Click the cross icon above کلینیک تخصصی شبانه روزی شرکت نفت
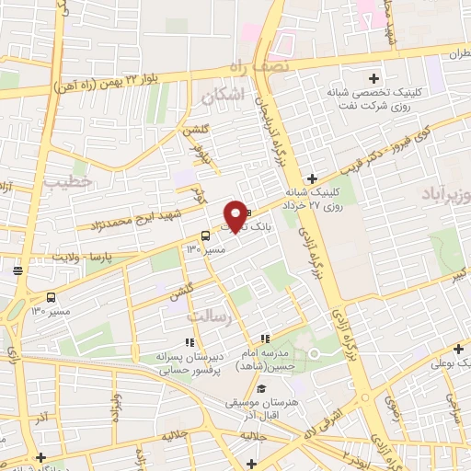pyautogui.click(x=372, y=78)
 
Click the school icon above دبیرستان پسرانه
pyautogui.click(x=189, y=343)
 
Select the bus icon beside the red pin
pyautogui.click(x=204, y=235)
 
